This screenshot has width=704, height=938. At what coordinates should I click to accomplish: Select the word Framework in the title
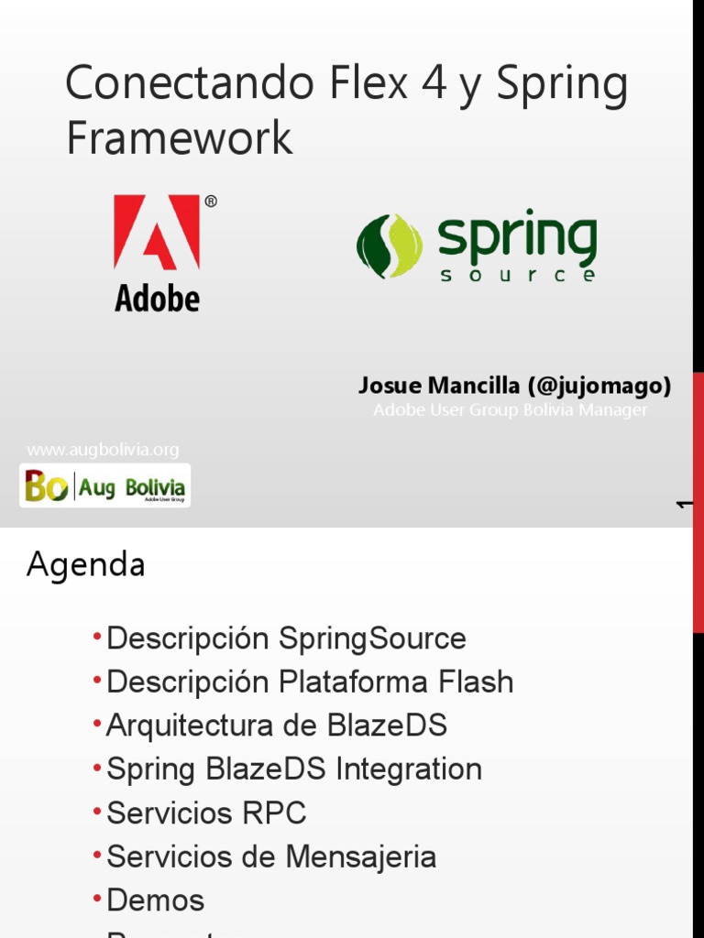[x=179, y=137]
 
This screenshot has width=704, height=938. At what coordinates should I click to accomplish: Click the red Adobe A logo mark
[x=157, y=233]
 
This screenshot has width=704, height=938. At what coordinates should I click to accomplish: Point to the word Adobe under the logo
[x=157, y=298]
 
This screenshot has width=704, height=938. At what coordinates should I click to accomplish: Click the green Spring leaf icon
[x=390, y=246]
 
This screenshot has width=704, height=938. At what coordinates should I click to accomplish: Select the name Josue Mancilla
[x=439, y=387]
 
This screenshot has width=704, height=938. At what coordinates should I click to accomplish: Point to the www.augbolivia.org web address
[x=103, y=450]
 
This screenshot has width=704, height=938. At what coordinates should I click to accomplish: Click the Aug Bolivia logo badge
[x=104, y=485]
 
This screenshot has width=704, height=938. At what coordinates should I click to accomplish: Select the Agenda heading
[x=86, y=565]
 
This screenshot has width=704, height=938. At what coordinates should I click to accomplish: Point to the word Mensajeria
[x=361, y=857]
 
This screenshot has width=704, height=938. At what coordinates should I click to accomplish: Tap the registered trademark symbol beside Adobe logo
[x=211, y=202]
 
